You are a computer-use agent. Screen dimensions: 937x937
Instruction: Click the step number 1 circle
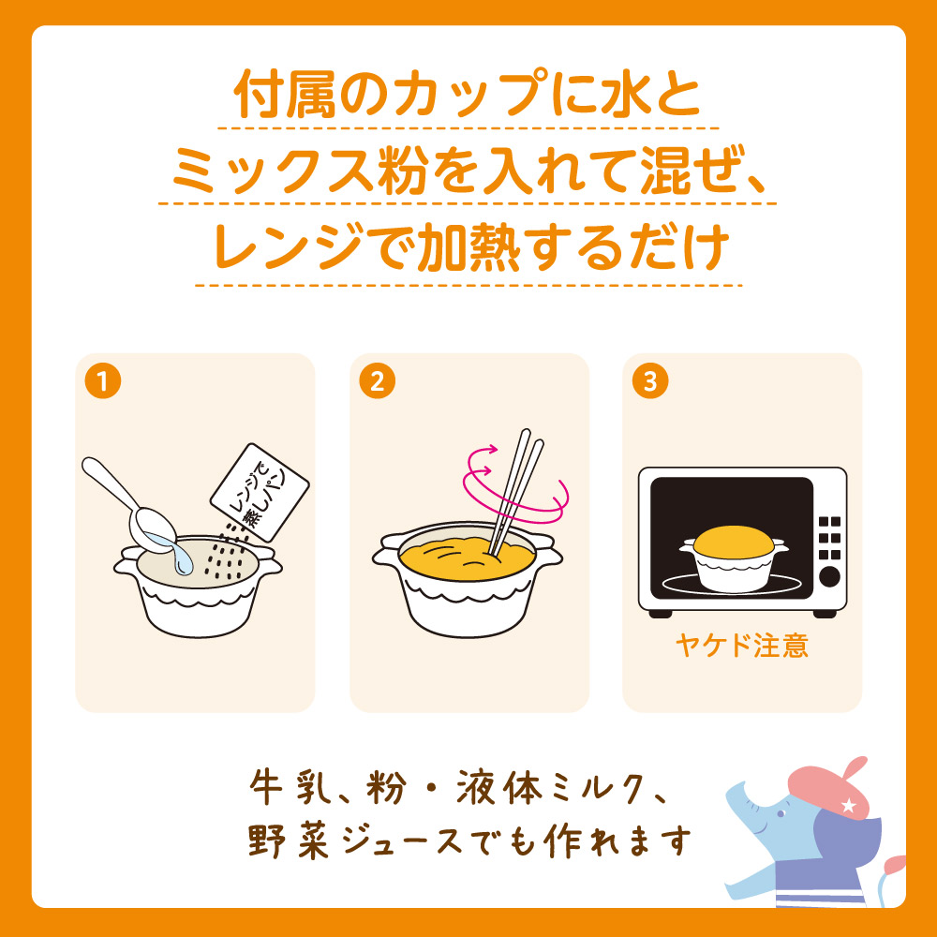pos(103,380)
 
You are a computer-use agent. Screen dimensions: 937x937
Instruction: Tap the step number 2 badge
pos(377,380)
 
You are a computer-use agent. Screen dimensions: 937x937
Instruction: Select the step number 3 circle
pos(650,380)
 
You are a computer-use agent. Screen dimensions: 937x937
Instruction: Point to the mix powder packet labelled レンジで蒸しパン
pos(260,493)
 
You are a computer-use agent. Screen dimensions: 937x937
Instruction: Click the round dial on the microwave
pos(829,577)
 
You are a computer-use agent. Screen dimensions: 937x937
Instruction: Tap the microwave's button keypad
pos(829,539)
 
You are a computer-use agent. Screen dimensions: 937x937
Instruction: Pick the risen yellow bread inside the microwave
pos(734,541)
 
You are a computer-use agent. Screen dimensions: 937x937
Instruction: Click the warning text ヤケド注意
pos(741,646)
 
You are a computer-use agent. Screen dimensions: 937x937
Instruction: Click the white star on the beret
pos(848,806)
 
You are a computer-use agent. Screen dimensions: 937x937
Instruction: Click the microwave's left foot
pos(661,614)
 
